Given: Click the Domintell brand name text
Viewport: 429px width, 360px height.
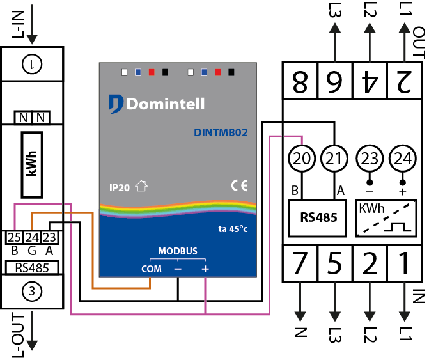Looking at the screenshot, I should pos(165,104).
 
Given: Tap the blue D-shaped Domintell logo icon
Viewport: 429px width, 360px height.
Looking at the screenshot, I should pos(115,104).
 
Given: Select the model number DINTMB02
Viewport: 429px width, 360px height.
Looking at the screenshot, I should pos(221,133).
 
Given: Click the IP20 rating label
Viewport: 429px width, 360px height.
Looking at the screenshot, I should pos(120,187).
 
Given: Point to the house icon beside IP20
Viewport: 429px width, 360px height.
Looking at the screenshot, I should pos(141,186).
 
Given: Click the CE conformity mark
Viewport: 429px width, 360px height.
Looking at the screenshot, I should pos(239,185).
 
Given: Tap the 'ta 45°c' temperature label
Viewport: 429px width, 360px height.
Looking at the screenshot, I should pos(233,229).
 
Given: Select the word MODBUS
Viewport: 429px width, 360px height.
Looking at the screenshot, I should pos(178,251).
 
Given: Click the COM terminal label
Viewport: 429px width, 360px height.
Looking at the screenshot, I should pos(152,269).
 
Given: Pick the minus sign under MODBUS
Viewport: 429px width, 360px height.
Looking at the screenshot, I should pos(178,269).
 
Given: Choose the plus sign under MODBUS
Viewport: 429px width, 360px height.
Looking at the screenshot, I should pos(205,269).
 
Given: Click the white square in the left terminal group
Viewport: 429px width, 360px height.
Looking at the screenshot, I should pos(125,72).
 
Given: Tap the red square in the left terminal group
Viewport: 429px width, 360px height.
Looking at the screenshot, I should pos(152,72).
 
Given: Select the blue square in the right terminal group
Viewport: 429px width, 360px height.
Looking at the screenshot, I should pos(204,72).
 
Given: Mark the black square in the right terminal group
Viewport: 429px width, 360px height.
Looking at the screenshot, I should pos(231,72).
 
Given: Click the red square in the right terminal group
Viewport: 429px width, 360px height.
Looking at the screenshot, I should pos(218,72).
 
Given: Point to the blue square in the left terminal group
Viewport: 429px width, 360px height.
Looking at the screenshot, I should pos(138,72).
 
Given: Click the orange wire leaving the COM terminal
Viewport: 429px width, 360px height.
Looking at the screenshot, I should pos(121,288).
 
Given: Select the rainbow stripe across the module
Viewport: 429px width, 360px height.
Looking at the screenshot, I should pos(178,208).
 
